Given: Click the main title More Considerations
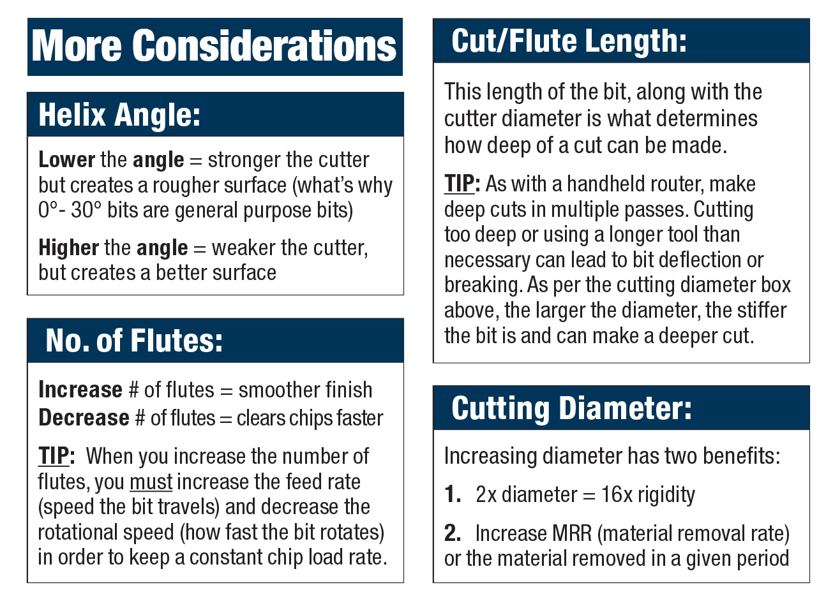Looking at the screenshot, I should point(214,47).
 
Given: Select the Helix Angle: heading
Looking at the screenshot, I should point(119,115).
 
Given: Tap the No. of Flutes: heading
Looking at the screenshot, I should point(134,341).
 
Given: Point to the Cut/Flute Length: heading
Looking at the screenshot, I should point(569,41).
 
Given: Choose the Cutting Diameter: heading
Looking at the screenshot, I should point(571,408).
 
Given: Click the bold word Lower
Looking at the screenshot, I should point(66,159).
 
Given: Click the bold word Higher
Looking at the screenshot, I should point(68,248).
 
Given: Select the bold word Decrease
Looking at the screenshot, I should point(84,418).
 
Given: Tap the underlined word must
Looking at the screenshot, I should point(151,482).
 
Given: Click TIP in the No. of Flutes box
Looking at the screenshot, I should point(54,456).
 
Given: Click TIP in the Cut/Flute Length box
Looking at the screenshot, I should point(460,184).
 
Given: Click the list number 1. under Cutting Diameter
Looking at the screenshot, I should point(453,494).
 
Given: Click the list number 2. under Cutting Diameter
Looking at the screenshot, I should point(453,533).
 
